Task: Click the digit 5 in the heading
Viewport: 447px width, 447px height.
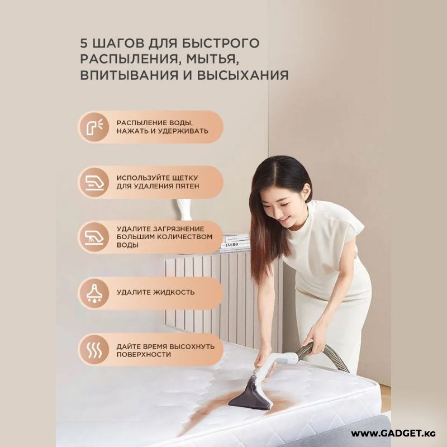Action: (x=83, y=44)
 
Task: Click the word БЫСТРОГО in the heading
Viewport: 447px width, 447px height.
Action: (x=221, y=44)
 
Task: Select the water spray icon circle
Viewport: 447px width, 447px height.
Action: (x=94, y=127)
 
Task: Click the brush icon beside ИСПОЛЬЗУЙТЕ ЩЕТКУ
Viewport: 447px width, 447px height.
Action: (x=94, y=183)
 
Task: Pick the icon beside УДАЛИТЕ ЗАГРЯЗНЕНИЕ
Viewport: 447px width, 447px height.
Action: (x=94, y=237)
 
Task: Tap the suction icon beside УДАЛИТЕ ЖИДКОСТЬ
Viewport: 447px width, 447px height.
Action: (x=94, y=293)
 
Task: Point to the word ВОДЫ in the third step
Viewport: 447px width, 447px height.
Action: (x=127, y=245)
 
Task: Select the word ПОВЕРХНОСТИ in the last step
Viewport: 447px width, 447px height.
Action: (x=144, y=355)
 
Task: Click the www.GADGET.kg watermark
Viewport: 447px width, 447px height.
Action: (x=393, y=434)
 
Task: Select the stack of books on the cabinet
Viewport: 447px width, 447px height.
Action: (x=235, y=243)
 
